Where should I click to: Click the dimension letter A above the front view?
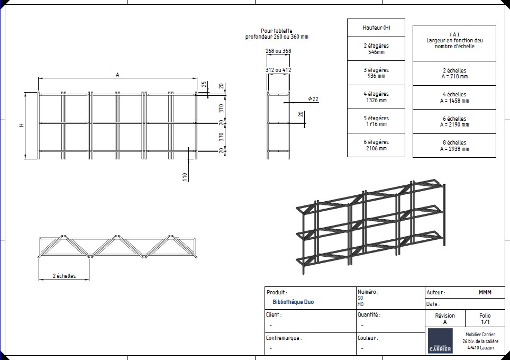[117, 75]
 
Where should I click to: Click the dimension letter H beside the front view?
[22, 125]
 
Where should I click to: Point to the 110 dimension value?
[185, 177]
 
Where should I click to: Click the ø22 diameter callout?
[313, 99]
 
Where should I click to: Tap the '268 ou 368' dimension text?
[278, 51]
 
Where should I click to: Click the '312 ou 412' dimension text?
[278, 70]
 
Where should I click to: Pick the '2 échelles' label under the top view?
[64, 276]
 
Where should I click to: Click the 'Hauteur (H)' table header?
[376, 28]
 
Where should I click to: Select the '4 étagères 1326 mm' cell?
[376, 97]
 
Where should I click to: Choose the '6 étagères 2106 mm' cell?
[376, 145]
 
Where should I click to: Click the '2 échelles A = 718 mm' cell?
[454, 73]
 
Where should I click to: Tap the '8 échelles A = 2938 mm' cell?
[454, 146]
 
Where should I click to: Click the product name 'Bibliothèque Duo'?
[293, 302]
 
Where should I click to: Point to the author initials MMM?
[485, 292]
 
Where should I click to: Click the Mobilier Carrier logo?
[440, 341]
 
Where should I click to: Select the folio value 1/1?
[485, 322]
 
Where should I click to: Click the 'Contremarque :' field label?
[283, 337]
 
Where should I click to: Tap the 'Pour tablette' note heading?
[276, 31]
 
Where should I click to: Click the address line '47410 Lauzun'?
[480, 348]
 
